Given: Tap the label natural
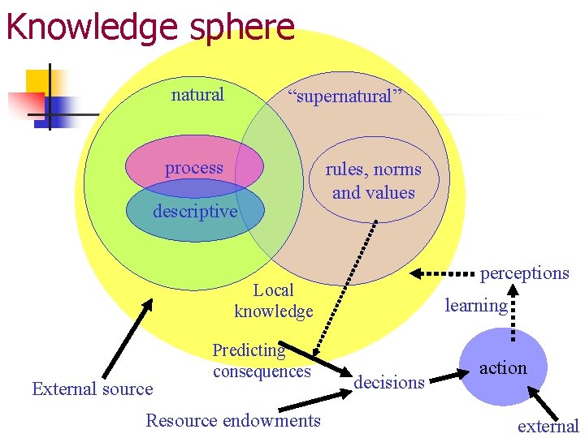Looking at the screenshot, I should pyautogui.click(x=197, y=95).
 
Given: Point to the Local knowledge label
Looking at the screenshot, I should pyautogui.click(x=273, y=300).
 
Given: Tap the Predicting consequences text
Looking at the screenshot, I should pyautogui.click(x=262, y=361).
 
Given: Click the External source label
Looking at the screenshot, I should pyautogui.click(x=92, y=389).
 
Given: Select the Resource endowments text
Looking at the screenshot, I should pyautogui.click(x=233, y=420).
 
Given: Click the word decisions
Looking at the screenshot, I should pyautogui.click(x=390, y=382).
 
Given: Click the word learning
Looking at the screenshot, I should pyautogui.click(x=475, y=305).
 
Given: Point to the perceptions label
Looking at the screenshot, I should pyautogui.click(x=524, y=273).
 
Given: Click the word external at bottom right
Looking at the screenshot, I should pyautogui.click(x=548, y=426).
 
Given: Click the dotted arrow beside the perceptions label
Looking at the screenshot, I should pyautogui.click(x=443, y=273).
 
